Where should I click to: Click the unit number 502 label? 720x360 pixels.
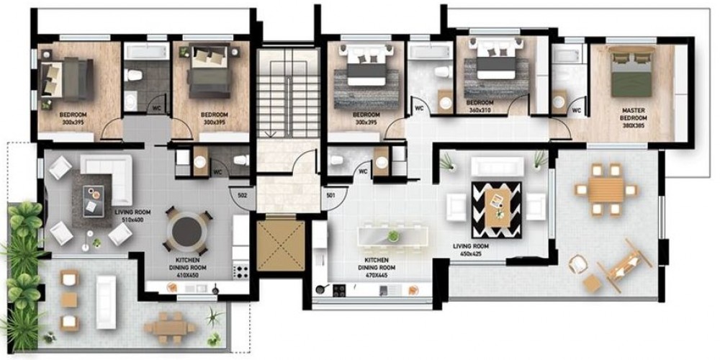coord(243,195)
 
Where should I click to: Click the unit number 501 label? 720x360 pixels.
coord(330,195)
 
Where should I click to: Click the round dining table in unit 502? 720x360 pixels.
coord(187,231)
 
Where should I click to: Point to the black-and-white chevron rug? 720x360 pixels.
coord(496,210)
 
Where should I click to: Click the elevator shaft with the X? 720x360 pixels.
coord(281,246)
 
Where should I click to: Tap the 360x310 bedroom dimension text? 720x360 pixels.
coord(480,111)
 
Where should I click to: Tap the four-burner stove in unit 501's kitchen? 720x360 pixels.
coord(339,290)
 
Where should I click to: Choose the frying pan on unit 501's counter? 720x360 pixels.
coord(321,289)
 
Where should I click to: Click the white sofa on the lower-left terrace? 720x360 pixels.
coord(106,302)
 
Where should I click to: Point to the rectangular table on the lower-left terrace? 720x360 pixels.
coord(169,328)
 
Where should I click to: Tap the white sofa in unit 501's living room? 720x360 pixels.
coord(498,166)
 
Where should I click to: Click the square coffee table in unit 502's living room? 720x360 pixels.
coord(93,201)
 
